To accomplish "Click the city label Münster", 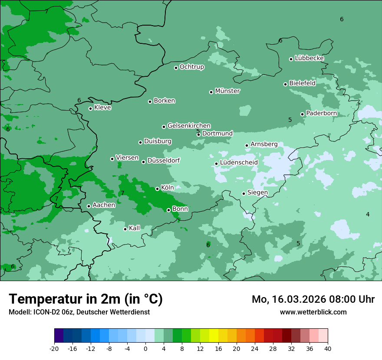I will tap(227, 91).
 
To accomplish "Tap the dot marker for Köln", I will tap(157, 189).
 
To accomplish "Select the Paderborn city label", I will tap(321, 113).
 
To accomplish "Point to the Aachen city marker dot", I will tap(89, 206).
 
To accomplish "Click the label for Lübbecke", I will tap(309, 58).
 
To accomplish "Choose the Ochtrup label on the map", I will tap(192, 67).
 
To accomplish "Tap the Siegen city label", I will tap(257, 193).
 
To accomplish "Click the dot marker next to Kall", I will tap(125, 229).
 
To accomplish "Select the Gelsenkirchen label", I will tap(189, 126).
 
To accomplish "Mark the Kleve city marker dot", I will tap(90, 108).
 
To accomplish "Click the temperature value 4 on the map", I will tap(368, 215).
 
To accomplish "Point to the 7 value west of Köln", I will tap(122, 193).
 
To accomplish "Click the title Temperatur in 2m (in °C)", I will tap(86, 299).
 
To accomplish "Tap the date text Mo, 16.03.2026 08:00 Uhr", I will tap(313, 299).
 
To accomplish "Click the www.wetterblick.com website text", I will tap(313, 312).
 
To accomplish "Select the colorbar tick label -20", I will tap(54, 349).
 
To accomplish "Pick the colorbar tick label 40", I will tap(328, 349).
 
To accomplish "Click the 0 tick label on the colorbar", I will tap(145, 349).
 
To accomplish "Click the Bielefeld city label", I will tap(302, 83).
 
